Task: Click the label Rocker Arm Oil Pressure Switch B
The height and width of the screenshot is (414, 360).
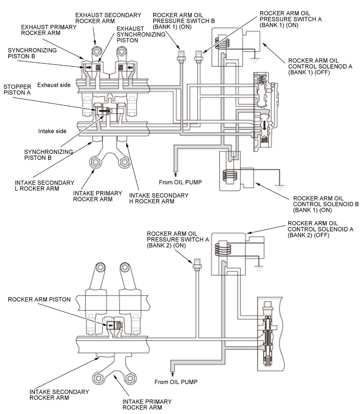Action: tap(183, 21)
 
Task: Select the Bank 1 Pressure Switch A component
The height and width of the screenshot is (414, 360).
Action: tap(198, 55)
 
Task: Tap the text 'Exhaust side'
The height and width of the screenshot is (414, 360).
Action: tap(54, 85)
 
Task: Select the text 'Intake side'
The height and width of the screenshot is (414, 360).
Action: tap(52, 131)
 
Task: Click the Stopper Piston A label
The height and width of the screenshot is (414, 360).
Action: tap(17, 90)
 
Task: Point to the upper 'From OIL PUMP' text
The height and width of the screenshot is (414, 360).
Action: tap(180, 182)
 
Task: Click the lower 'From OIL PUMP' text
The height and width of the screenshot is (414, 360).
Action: tap(176, 382)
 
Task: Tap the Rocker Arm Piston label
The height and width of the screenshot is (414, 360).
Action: tap(39, 299)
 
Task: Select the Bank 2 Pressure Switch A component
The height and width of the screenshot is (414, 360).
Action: tap(197, 264)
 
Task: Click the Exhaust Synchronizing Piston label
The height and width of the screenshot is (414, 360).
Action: tap(141, 34)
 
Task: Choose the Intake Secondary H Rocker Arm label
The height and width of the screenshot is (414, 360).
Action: tap(159, 198)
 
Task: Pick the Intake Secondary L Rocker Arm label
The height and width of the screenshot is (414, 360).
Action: tap(44, 186)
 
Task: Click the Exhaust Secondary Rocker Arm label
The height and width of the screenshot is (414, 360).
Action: tap(108, 18)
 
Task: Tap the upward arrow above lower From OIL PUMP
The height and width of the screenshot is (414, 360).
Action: tap(172, 374)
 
